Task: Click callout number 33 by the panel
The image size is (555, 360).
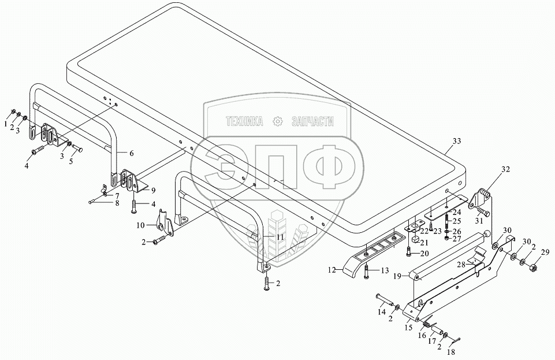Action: (x=457, y=142)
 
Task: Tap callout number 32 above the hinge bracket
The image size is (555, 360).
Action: (x=506, y=170)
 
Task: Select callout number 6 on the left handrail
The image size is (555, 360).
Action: (x=132, y=153)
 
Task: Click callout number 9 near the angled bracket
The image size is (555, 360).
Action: (x=154, y=190)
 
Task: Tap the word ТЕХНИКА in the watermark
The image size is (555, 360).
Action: (x=244, y=121)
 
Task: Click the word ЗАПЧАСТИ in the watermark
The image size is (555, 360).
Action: (x=314, y=121)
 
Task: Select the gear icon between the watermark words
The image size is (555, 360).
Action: (x=278, y=121)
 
